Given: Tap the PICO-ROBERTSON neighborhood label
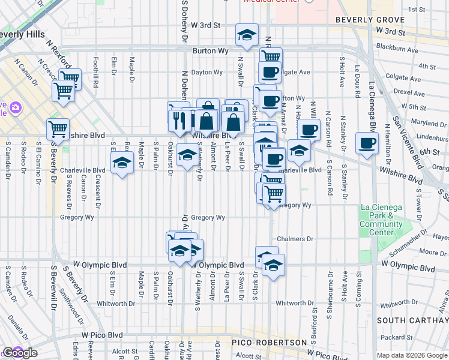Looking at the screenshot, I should pyautogui.click(x=261, y=343).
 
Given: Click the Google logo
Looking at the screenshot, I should pyautogui.click(x=19, y=353).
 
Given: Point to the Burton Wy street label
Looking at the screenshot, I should pyautogui.click(x=210, y=52).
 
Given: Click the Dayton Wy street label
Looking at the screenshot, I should pyautogui.click(x=207, y=73).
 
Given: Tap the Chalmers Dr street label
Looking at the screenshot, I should pyautogui.click(x=295, y=239).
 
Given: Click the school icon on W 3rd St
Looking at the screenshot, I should pyautogui.click(x=247, y=36).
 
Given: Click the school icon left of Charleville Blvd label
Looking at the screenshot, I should pyautogui.click(x=122, y=163).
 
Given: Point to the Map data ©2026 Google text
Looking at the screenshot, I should pyautogui.click(x=411, y=355).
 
